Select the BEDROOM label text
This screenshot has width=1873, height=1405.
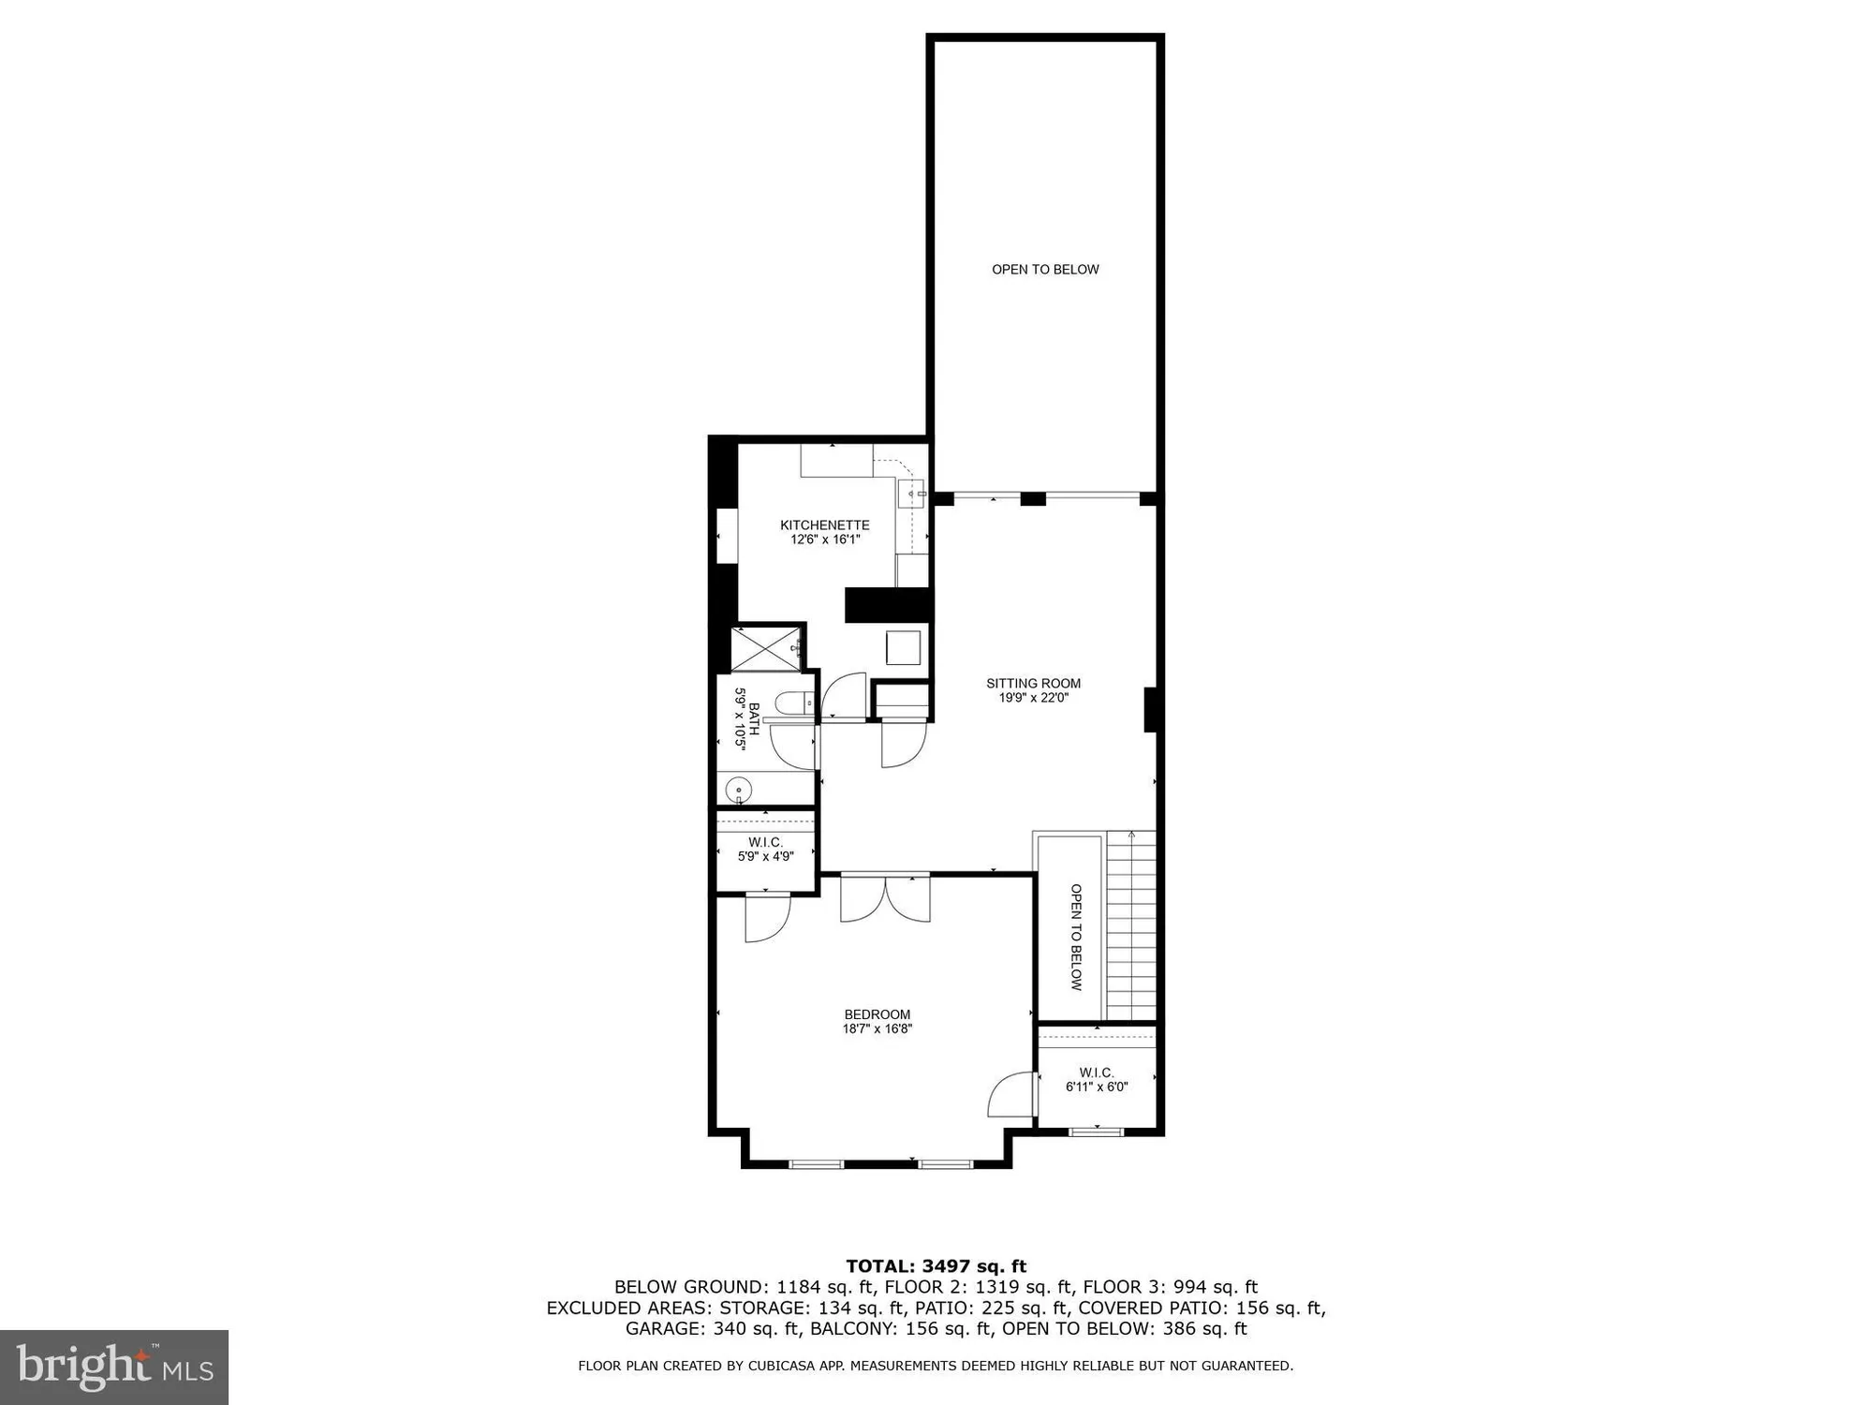pos(877,1014)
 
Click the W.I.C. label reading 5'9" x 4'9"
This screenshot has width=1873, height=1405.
pos(765,849)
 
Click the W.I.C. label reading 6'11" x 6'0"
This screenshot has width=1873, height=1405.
pos(1096,1079)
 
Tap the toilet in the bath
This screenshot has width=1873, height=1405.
pos(795,703)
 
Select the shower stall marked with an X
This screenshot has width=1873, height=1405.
pos(765,649)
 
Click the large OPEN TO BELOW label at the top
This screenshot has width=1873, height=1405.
pos(1045,270)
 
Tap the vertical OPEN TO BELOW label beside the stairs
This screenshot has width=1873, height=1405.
pos(1076,937)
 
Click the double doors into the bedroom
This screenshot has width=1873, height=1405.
pos(885,896)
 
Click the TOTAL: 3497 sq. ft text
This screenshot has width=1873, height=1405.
pos(936,1266)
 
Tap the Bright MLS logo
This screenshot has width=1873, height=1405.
pos(114,1367)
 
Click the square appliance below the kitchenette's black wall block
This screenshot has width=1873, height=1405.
pos(903,648)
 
